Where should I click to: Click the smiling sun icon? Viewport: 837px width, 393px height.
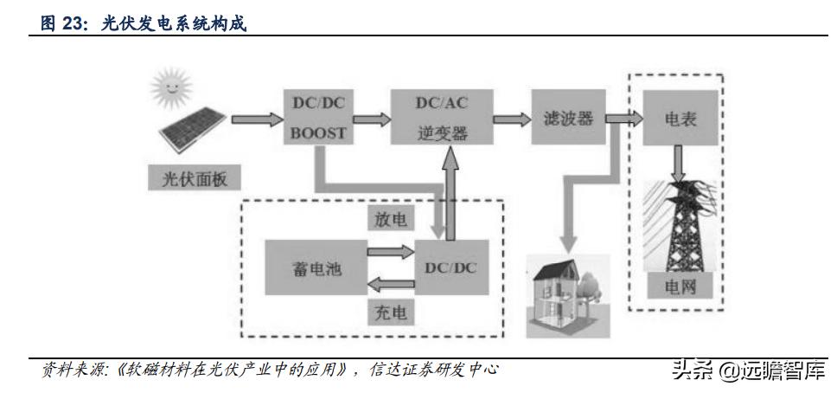[x=169, y=87]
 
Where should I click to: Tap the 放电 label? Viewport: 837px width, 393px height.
[x=392, y=219]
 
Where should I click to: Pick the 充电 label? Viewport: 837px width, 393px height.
[x=392, y=312]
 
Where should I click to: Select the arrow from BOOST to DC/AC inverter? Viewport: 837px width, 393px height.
[x=370, y=119]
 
